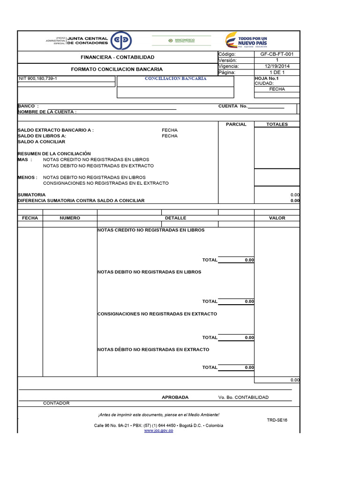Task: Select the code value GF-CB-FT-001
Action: [277, 54]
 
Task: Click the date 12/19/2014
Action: [277, 67]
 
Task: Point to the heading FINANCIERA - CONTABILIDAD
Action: [117, 57]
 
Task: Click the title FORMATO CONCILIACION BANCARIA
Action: [117, 69]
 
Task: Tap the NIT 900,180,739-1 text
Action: [38, 79]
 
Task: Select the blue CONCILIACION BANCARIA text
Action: [175, 79]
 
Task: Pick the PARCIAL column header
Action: [236, 124]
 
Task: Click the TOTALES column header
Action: [277, 124]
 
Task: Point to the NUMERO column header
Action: [70, 218]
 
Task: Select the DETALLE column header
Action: [175, 218]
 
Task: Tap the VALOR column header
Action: [277, 218]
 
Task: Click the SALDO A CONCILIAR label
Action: [41, 142]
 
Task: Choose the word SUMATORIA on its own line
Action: [31, 195]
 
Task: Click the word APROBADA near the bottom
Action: [175, 397]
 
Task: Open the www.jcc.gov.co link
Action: [158, 430]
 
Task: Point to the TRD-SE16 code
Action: [277, 420]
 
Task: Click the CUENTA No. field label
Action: [232, 106]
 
